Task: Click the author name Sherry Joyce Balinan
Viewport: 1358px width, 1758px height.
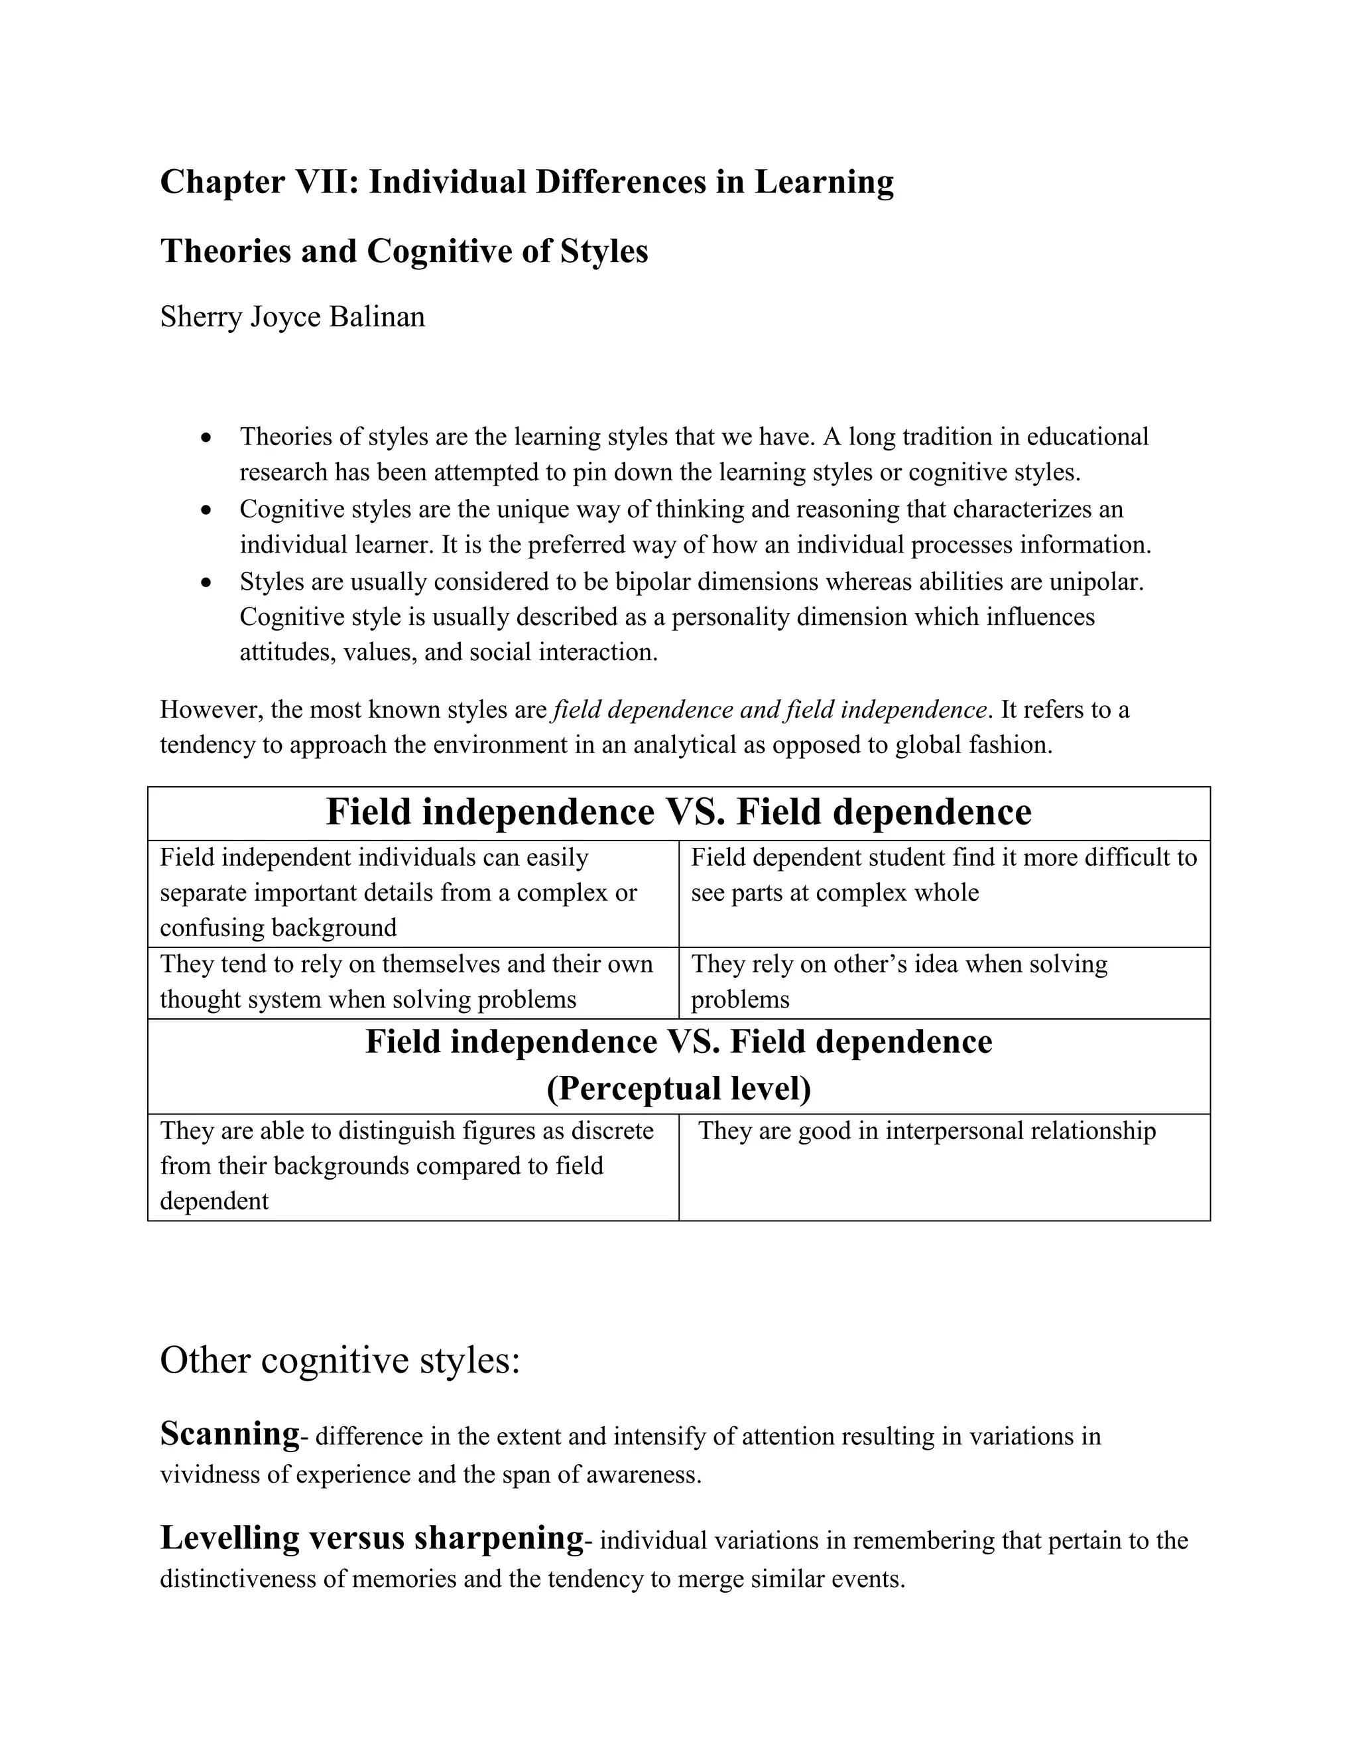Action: [x=292, y=316]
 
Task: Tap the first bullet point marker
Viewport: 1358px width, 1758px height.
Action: [x=208, y=438]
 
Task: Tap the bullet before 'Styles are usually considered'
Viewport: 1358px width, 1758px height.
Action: [x=208, y=582]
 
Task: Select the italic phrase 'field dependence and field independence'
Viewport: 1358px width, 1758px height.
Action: [x=770, y=709]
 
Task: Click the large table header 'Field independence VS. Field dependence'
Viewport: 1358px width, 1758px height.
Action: [x=678, y=812]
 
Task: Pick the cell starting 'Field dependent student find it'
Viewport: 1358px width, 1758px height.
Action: [x=943, y=875]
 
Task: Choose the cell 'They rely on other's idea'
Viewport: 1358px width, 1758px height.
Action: [x=898, y=981]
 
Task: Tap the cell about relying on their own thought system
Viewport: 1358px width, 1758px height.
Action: [x=406, y=981]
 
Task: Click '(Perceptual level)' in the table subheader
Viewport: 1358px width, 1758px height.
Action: [x=678, y=1088]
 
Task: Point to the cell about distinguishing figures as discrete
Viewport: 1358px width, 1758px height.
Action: [x=406, y=1166]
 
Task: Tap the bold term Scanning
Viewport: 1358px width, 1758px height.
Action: [x=229, y=1434]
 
